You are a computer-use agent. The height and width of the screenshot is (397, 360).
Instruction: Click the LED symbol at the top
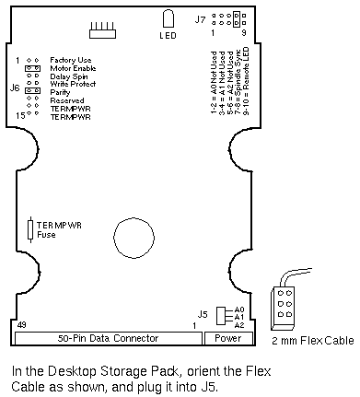pyautogui.click(x=168, y=19)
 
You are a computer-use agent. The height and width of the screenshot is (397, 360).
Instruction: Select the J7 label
pyautogui.click(x=201, y=19)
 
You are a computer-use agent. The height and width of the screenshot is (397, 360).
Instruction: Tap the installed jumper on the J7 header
pyautogui.click(x=237, y=19)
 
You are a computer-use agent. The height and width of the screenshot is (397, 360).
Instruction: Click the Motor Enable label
pyautogui.click(x=73, y=68)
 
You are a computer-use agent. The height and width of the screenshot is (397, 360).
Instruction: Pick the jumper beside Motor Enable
pyautogui.click(x=32, y=68)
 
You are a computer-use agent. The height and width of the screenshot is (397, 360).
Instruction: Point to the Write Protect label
pyautogui.click(x=73, y=84)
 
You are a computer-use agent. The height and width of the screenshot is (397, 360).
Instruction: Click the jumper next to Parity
pyautogui.click(x=32, y=90)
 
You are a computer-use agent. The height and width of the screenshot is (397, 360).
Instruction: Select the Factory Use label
pyautogui.click(x=71, y=60)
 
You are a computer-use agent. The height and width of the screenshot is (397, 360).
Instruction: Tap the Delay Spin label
pyautogui.click(x=69, y=76)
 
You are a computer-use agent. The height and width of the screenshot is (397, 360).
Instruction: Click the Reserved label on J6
pyautogui.click(x=67, y=100)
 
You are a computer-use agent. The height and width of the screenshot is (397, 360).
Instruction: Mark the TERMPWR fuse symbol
pyautogui.click(x=30, y=229)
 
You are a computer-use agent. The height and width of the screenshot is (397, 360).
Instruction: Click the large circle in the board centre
pyautogui.click(x=134, y=238)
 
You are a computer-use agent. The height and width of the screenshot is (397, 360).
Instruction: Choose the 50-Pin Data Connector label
pyautogui.click(x=108, y=338)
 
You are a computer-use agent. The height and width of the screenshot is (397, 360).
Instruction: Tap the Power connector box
pyautogui.click(x=228, y=338)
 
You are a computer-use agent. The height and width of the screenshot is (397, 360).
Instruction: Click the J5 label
pyautogui.click(x=203, y=314)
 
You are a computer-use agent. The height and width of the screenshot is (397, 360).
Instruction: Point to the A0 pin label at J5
pyautogui.click(x=239, y=309)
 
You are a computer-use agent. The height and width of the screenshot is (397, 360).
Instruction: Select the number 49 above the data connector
pyautogui.click(x=22, y=325)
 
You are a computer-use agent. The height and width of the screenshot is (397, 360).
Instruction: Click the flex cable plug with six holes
pyautogui.click(x=283, y=308)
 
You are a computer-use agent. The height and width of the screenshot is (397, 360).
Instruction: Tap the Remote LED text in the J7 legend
pyautogui.click(x=246, y=67)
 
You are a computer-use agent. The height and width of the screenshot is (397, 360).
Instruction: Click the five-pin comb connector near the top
pyautogui.click(x=102, y=30)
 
